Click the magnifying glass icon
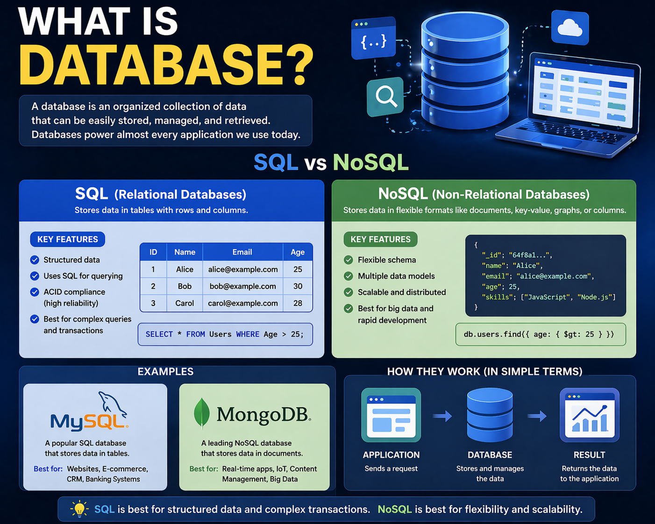385,96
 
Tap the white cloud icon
570,28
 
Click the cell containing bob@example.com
242,286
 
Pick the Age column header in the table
298,252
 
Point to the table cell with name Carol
185,303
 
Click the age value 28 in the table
298,303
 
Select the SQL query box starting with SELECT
225,334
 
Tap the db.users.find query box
540,334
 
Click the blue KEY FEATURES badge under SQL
68,239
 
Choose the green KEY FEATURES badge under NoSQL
380,239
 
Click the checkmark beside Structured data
35,260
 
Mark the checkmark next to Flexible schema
349,260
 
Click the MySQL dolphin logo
112,404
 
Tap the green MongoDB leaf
201,413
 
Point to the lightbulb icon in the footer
79,509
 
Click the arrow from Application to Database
442,416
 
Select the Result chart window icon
589,415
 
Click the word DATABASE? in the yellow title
166,64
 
